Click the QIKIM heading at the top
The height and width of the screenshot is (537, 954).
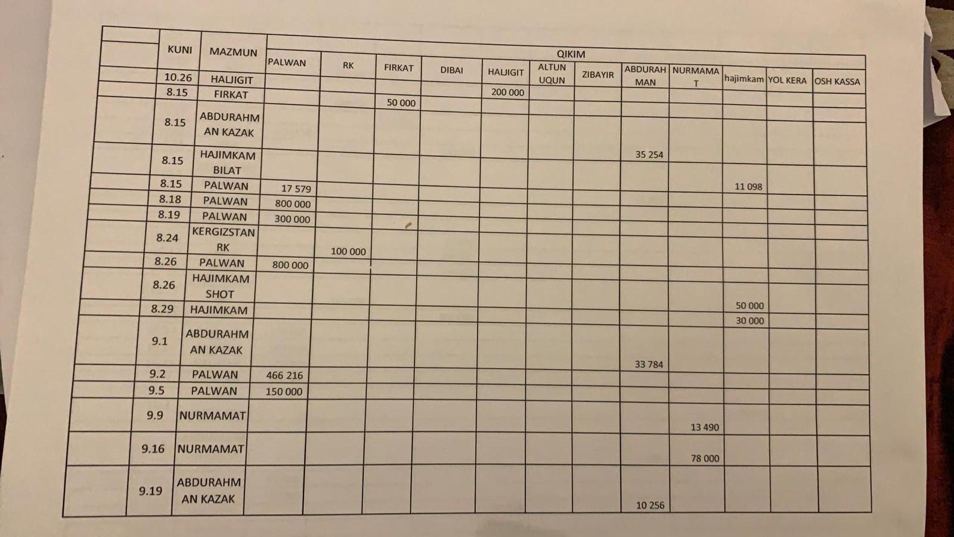click(571, 54)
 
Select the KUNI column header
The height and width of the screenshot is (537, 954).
click(179, 50)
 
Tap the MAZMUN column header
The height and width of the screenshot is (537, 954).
click(233, 52)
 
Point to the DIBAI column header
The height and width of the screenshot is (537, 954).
click(451, 70)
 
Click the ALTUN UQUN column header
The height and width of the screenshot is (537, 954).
click(552, 73)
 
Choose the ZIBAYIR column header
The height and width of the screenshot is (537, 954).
click(597, 75)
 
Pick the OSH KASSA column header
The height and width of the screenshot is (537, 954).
click(837, 81)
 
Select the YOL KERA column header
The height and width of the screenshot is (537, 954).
click(787, 80)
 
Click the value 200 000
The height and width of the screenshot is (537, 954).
click(507, 92)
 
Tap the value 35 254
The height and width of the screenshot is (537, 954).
click(649, 155)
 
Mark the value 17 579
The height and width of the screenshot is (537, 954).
click(296, 189)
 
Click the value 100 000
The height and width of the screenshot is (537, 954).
click(348, 252)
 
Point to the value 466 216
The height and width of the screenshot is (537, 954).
click(284, 375)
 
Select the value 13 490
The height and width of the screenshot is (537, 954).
click(704, 427)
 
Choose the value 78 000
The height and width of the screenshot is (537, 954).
click(705, 458)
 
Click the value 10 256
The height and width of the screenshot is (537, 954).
click(649, 505)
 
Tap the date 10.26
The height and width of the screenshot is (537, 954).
click(178, 78)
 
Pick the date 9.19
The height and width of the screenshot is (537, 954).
click(150, 491)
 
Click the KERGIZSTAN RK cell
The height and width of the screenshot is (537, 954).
click(223, 239)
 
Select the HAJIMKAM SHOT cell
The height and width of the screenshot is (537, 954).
click(220, 286)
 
